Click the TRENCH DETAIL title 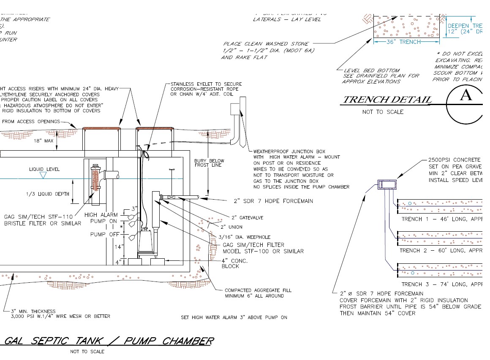[x=387, y=100]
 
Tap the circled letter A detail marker [x=466, y=96]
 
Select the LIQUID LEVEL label [x=44, y=169]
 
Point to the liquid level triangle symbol [x=42, y=175]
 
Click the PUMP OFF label [x=103, y=234]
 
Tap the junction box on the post [x=234, y=109]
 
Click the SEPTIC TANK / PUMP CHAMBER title [x=108, y=341]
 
